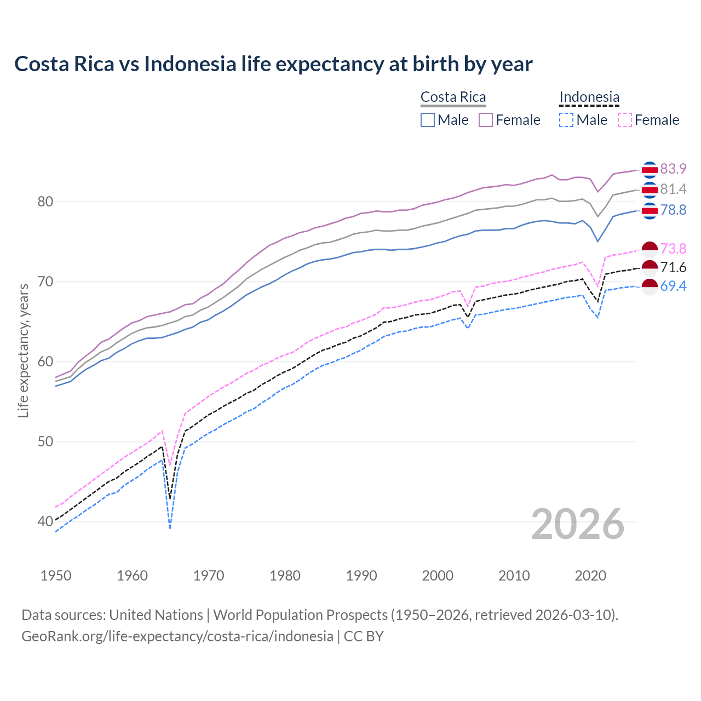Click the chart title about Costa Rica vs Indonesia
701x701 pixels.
pos(273,64)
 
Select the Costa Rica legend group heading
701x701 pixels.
pos(453,97)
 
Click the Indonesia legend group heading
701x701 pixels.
pos(589,97)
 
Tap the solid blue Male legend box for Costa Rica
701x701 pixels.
pos(428,120)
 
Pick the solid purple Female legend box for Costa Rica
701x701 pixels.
pos(486,120)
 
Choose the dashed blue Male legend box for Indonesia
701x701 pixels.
pos(566,120)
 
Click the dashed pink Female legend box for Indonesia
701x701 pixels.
pos(625,120)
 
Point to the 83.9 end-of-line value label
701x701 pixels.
pos(673,169)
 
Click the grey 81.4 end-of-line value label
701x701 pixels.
pos(673,189)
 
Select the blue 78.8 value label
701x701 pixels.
pos(673,210)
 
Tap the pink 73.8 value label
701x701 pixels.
pos(673,249)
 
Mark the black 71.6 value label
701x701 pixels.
pos(673,267)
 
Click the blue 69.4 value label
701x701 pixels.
pos(673,286)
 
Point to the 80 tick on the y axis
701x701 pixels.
pos(45,202)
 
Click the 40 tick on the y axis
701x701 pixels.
pos(45,522)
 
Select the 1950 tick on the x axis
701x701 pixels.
pos(56,576)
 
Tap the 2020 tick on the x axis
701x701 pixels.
pos(590,576)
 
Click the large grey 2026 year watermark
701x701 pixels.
pos(578,524)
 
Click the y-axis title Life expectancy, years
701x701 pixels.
pos(24,350)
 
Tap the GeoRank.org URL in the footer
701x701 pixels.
pos(177,636)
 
